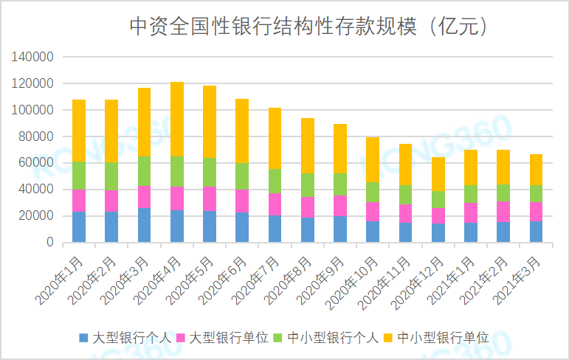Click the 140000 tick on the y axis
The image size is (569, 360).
pyautogui.click(x=33, y=57)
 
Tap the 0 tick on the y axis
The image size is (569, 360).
pyautogui.click(x=49, y=243)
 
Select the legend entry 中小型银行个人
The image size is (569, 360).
pyautogui.click(x=333, y=338)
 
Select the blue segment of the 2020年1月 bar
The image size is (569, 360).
pyautogui.click(x=79, y=227)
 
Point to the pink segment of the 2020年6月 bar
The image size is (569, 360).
pyautogui.click(x=242, y=201)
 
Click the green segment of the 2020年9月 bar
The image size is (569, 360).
pyautogui.click(x=340, y=184)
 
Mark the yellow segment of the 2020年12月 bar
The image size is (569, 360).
pyautogui.click(x=438, y=174)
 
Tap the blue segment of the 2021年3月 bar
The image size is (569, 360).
pyautogui.click(x=537, y=232)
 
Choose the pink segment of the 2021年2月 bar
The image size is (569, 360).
pyautogui.click(x=503, y=212)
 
